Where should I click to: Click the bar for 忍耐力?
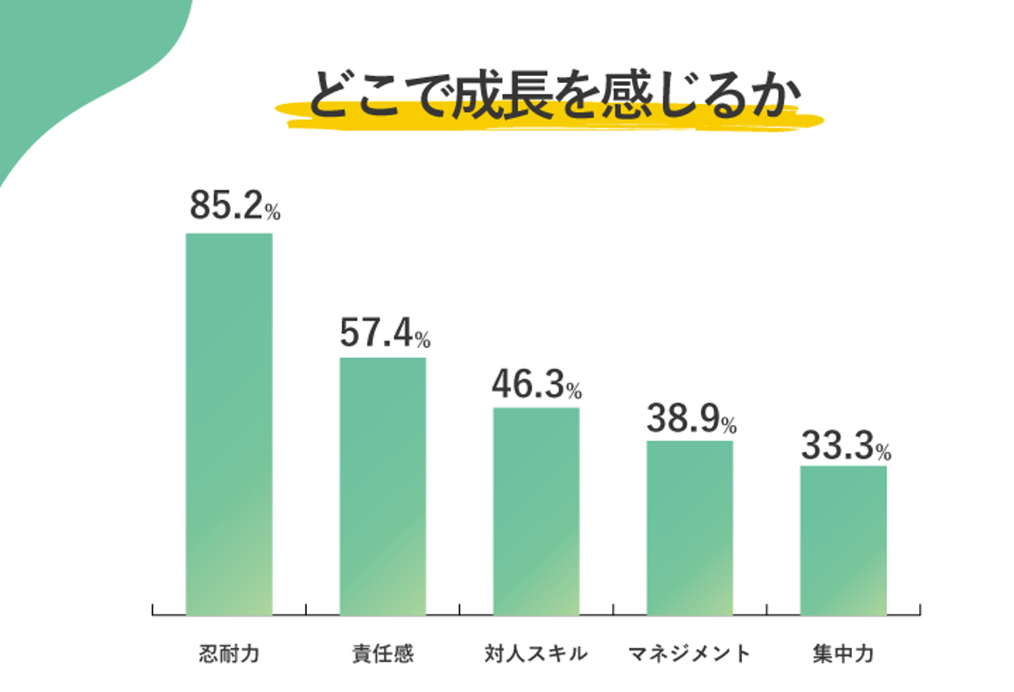229,423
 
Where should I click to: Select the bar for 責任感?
382,486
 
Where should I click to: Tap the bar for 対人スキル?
536,511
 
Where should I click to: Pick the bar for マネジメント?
689,528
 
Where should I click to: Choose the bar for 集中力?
843,540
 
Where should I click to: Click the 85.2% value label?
234,206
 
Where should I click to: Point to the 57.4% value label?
384,333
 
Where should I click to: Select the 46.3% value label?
537,385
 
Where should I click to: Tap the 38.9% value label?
691,419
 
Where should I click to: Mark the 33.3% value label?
846,446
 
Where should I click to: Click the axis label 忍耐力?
229,654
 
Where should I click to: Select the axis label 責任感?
382,654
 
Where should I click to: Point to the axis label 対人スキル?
536,654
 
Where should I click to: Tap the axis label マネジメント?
689,654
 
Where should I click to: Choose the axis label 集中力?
843,654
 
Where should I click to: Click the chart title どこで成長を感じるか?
553,96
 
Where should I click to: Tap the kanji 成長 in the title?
501,96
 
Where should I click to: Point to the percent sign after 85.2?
273,211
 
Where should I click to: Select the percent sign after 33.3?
884,452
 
